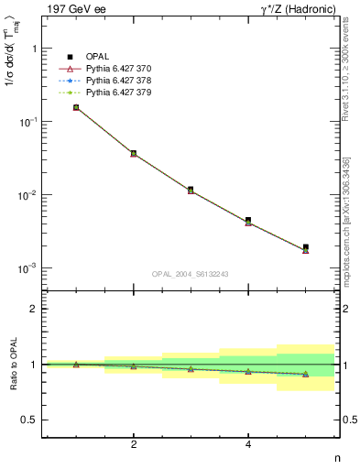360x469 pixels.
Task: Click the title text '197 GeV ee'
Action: point(71,9)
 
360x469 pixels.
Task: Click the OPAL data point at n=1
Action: point(76,107)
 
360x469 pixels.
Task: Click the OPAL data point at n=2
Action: point(134,153)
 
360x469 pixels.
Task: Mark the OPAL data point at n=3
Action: point(191,190)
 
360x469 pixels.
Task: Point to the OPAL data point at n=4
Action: point(248,220)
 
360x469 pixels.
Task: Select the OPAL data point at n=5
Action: point(306,246)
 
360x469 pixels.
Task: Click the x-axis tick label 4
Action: point(248,444)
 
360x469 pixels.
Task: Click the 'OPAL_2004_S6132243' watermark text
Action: point(190,275)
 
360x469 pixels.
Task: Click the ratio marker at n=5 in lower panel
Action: point(306,374)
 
